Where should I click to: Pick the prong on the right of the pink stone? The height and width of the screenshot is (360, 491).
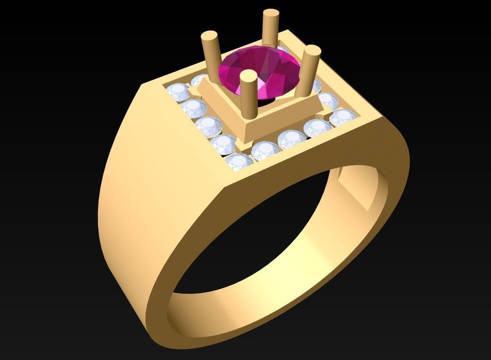coord(309,70)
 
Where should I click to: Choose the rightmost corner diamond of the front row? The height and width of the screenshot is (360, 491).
coord(344,118)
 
